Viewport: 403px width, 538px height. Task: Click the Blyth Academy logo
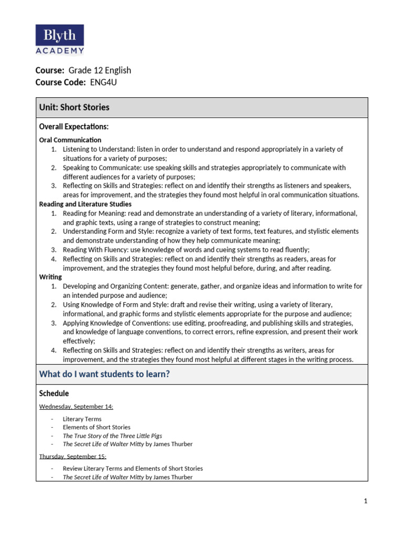tap(59, 39)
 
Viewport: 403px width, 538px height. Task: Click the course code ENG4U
tap(104, 82)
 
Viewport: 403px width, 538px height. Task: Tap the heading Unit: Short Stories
tap(75, 107)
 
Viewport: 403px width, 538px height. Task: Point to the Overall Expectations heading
tap(74, 127)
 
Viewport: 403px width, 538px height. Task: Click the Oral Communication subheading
tap(70, 140)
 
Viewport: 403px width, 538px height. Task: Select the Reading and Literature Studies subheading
tap(86, 204)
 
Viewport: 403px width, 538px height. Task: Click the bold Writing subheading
tap(50, 276)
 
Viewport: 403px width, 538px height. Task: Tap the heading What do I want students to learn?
tap(104, 374)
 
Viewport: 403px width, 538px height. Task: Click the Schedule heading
tap(54, 394)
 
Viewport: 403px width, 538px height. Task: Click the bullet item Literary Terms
tap(82, 419)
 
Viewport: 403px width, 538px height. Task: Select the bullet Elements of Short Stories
tap(97, 427)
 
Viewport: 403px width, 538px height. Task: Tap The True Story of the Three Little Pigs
tap(112, 436)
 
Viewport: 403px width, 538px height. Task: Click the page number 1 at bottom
tap(366, 501)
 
